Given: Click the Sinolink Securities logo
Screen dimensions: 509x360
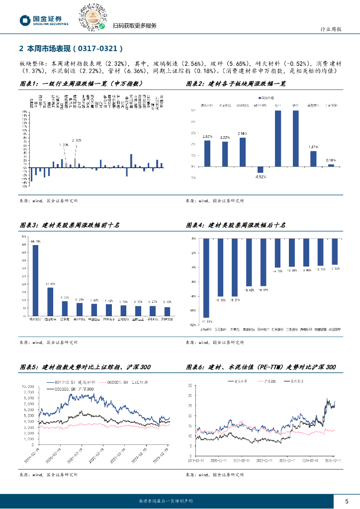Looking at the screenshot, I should (44, 20).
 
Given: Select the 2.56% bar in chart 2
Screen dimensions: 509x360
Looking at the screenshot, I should (243, 152).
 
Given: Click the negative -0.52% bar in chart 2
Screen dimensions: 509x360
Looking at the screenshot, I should (260, 170).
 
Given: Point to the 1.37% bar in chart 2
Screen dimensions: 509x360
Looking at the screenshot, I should (313, 158).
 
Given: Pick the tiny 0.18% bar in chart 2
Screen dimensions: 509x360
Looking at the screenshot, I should (331, 165).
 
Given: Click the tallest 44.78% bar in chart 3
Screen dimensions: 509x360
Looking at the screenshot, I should (35, 280).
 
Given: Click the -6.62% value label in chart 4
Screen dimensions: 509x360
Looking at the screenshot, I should (249, 290).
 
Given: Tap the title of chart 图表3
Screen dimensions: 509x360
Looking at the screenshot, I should (70, 225).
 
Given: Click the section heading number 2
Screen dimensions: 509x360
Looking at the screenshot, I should (20, 49).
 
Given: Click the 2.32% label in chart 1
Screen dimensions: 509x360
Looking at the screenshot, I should (76, 141).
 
